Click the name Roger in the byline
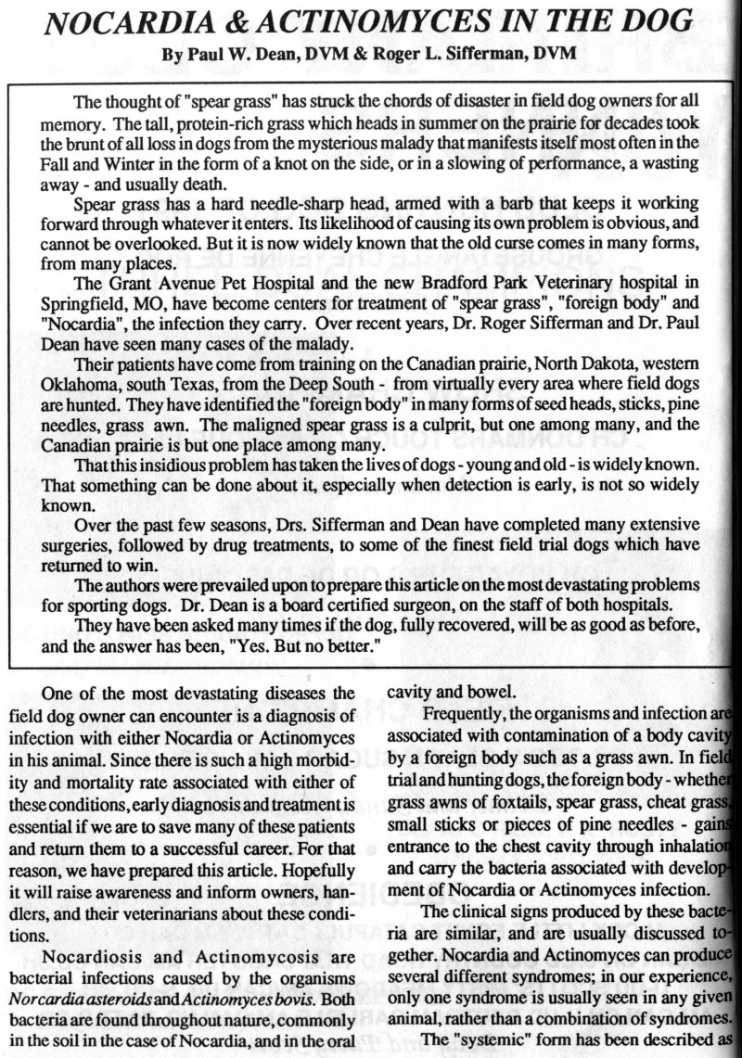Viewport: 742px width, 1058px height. (x=387, y=56)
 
